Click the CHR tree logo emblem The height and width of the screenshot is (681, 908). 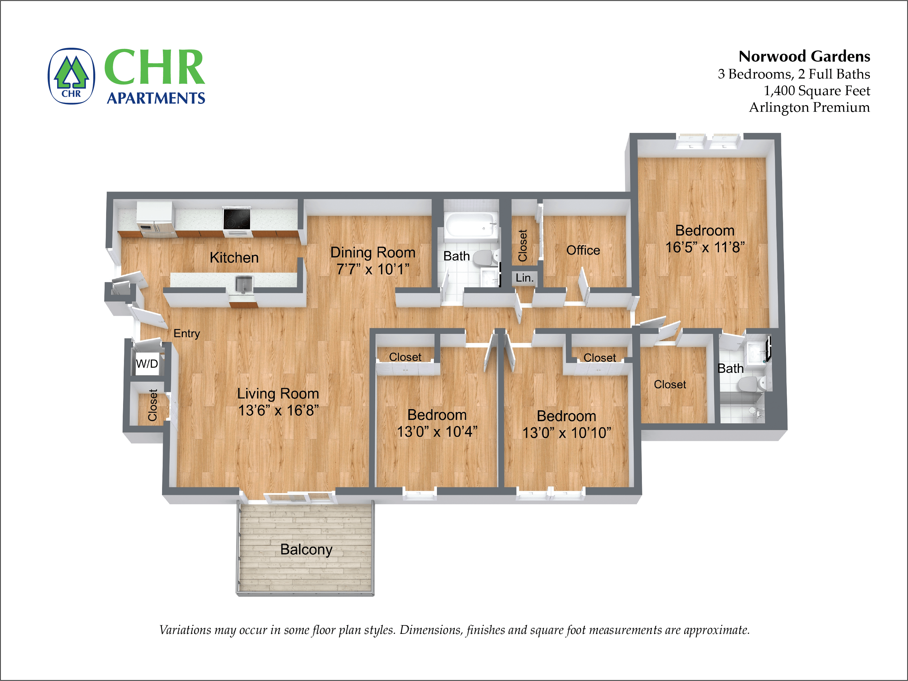coord(71,76)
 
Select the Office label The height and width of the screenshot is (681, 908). coord(583,250)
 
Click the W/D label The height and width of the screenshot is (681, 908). coord(147,363)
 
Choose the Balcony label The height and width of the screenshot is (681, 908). coord(306,549)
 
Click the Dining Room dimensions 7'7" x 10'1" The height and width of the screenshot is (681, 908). coord(373,269)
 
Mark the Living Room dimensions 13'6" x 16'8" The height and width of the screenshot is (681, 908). coord(278,410)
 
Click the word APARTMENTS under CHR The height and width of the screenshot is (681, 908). coord(156,98)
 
